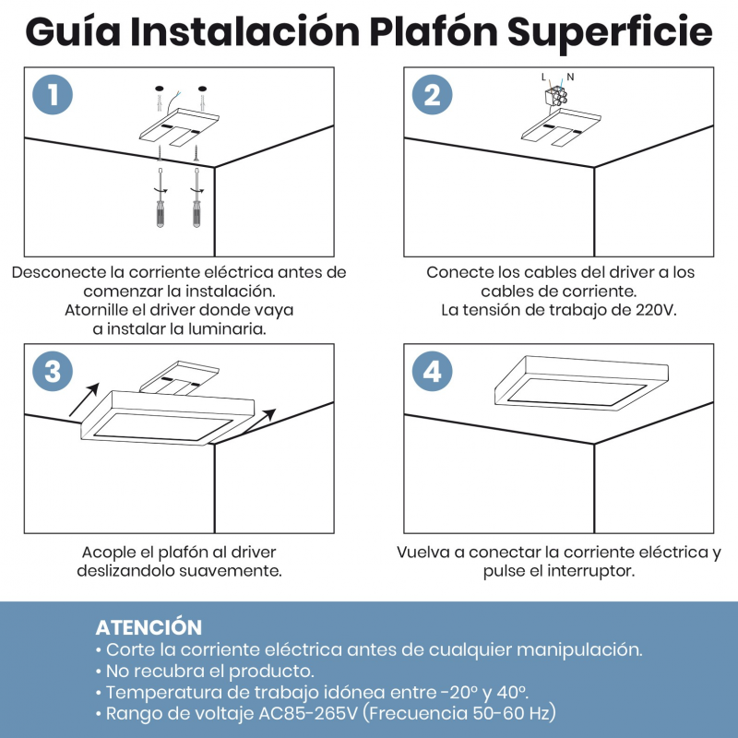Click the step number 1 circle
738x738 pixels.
(53, 95)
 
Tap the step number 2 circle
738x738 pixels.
(432, 95)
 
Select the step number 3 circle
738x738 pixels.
(53, 372)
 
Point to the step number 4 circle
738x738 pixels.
(432, 372)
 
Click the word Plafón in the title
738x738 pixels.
(434, 32)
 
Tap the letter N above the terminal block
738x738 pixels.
(570, 77)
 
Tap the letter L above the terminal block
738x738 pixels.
(544, 77)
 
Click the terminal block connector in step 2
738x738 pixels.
(555, 97)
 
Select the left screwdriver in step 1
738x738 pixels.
(161, 197)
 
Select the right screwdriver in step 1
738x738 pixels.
(196, 197)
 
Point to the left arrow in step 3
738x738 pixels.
(84, 399)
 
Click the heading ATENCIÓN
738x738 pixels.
(149, 627)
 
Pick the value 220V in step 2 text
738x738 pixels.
(657, 310)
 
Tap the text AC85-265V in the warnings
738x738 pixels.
(308, 713)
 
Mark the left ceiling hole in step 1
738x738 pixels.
(159, 89)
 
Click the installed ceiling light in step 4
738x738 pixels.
(581, 384)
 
